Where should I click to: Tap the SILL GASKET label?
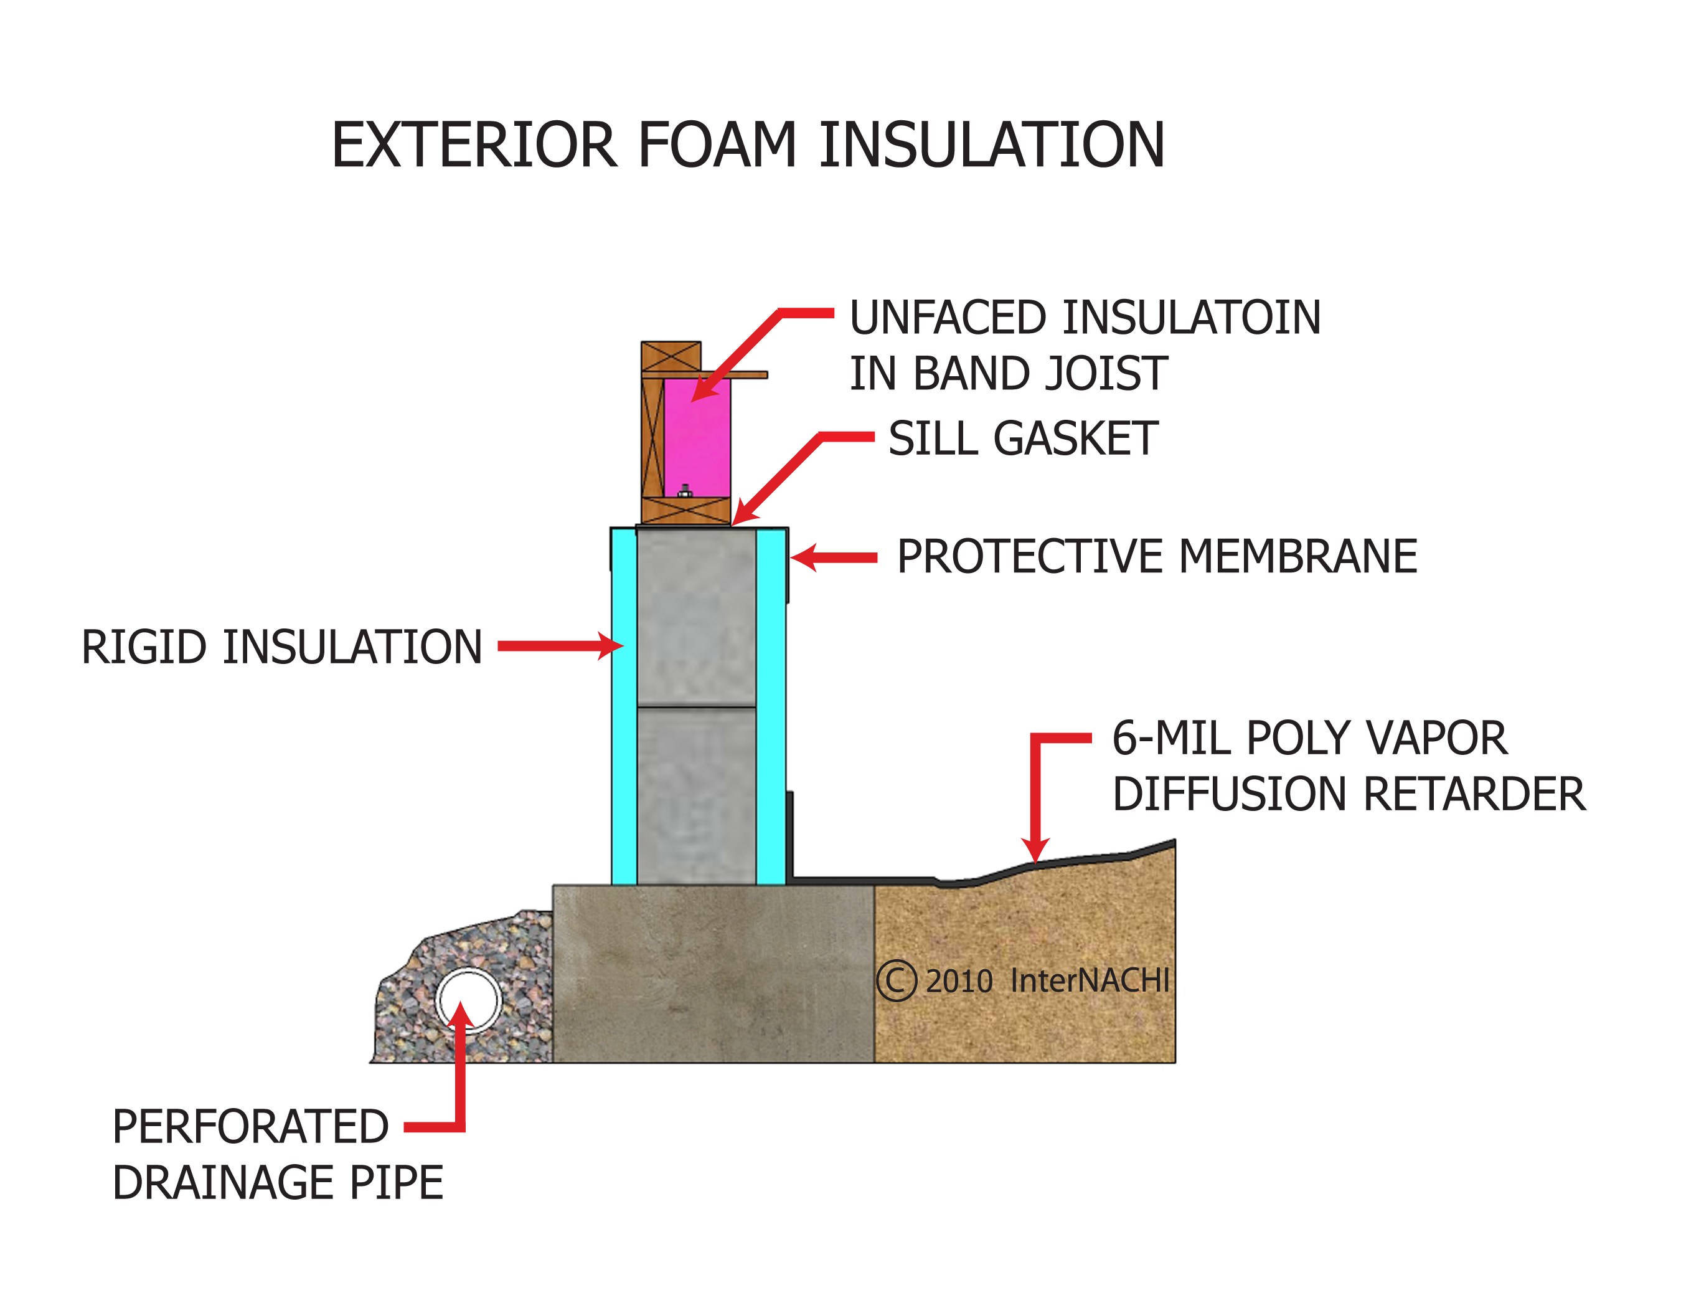[x=1023, y=439]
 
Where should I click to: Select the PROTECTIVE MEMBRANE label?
[x=1157, y=557]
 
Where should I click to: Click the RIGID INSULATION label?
[x=281, y=647]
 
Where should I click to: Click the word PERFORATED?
[x=250, y=1127]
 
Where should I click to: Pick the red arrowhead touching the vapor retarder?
[x=1036, y=850]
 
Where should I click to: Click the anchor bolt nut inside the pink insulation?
[x=685, y=491]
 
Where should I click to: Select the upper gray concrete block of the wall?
[x=696, y=616]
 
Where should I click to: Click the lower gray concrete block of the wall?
[x=696, y=797]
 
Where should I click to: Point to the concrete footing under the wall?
[x=713, y=974]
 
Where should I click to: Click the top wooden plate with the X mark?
[x=671, y=356]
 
